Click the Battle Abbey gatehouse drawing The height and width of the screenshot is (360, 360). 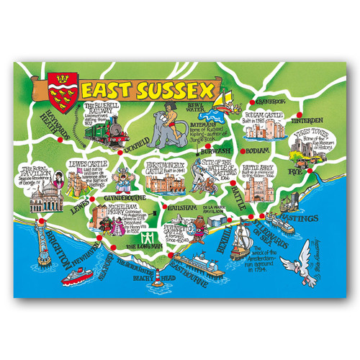[256, 189]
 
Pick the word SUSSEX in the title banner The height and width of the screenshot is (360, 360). [176, 91]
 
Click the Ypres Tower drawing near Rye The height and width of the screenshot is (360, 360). [302, 152]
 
